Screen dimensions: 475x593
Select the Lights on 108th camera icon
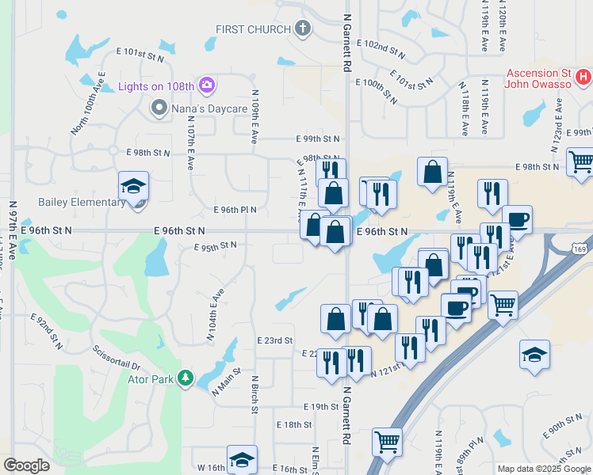(207, 85)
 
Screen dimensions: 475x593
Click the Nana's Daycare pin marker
(159, 107)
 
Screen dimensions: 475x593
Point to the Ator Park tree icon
(186, 378)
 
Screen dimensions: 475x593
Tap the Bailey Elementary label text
(82, 202)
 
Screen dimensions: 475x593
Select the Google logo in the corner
(26, 465)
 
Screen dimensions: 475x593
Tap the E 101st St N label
(140, 55)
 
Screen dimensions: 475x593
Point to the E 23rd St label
(275, 340)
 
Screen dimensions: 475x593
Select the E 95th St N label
(216, 246)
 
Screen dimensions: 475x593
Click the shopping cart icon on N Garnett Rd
(387, 440)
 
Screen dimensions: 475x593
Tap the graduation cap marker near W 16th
(242, 458)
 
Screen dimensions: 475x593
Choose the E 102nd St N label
(384, 52)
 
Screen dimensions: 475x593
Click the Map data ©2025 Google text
(543, 469)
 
